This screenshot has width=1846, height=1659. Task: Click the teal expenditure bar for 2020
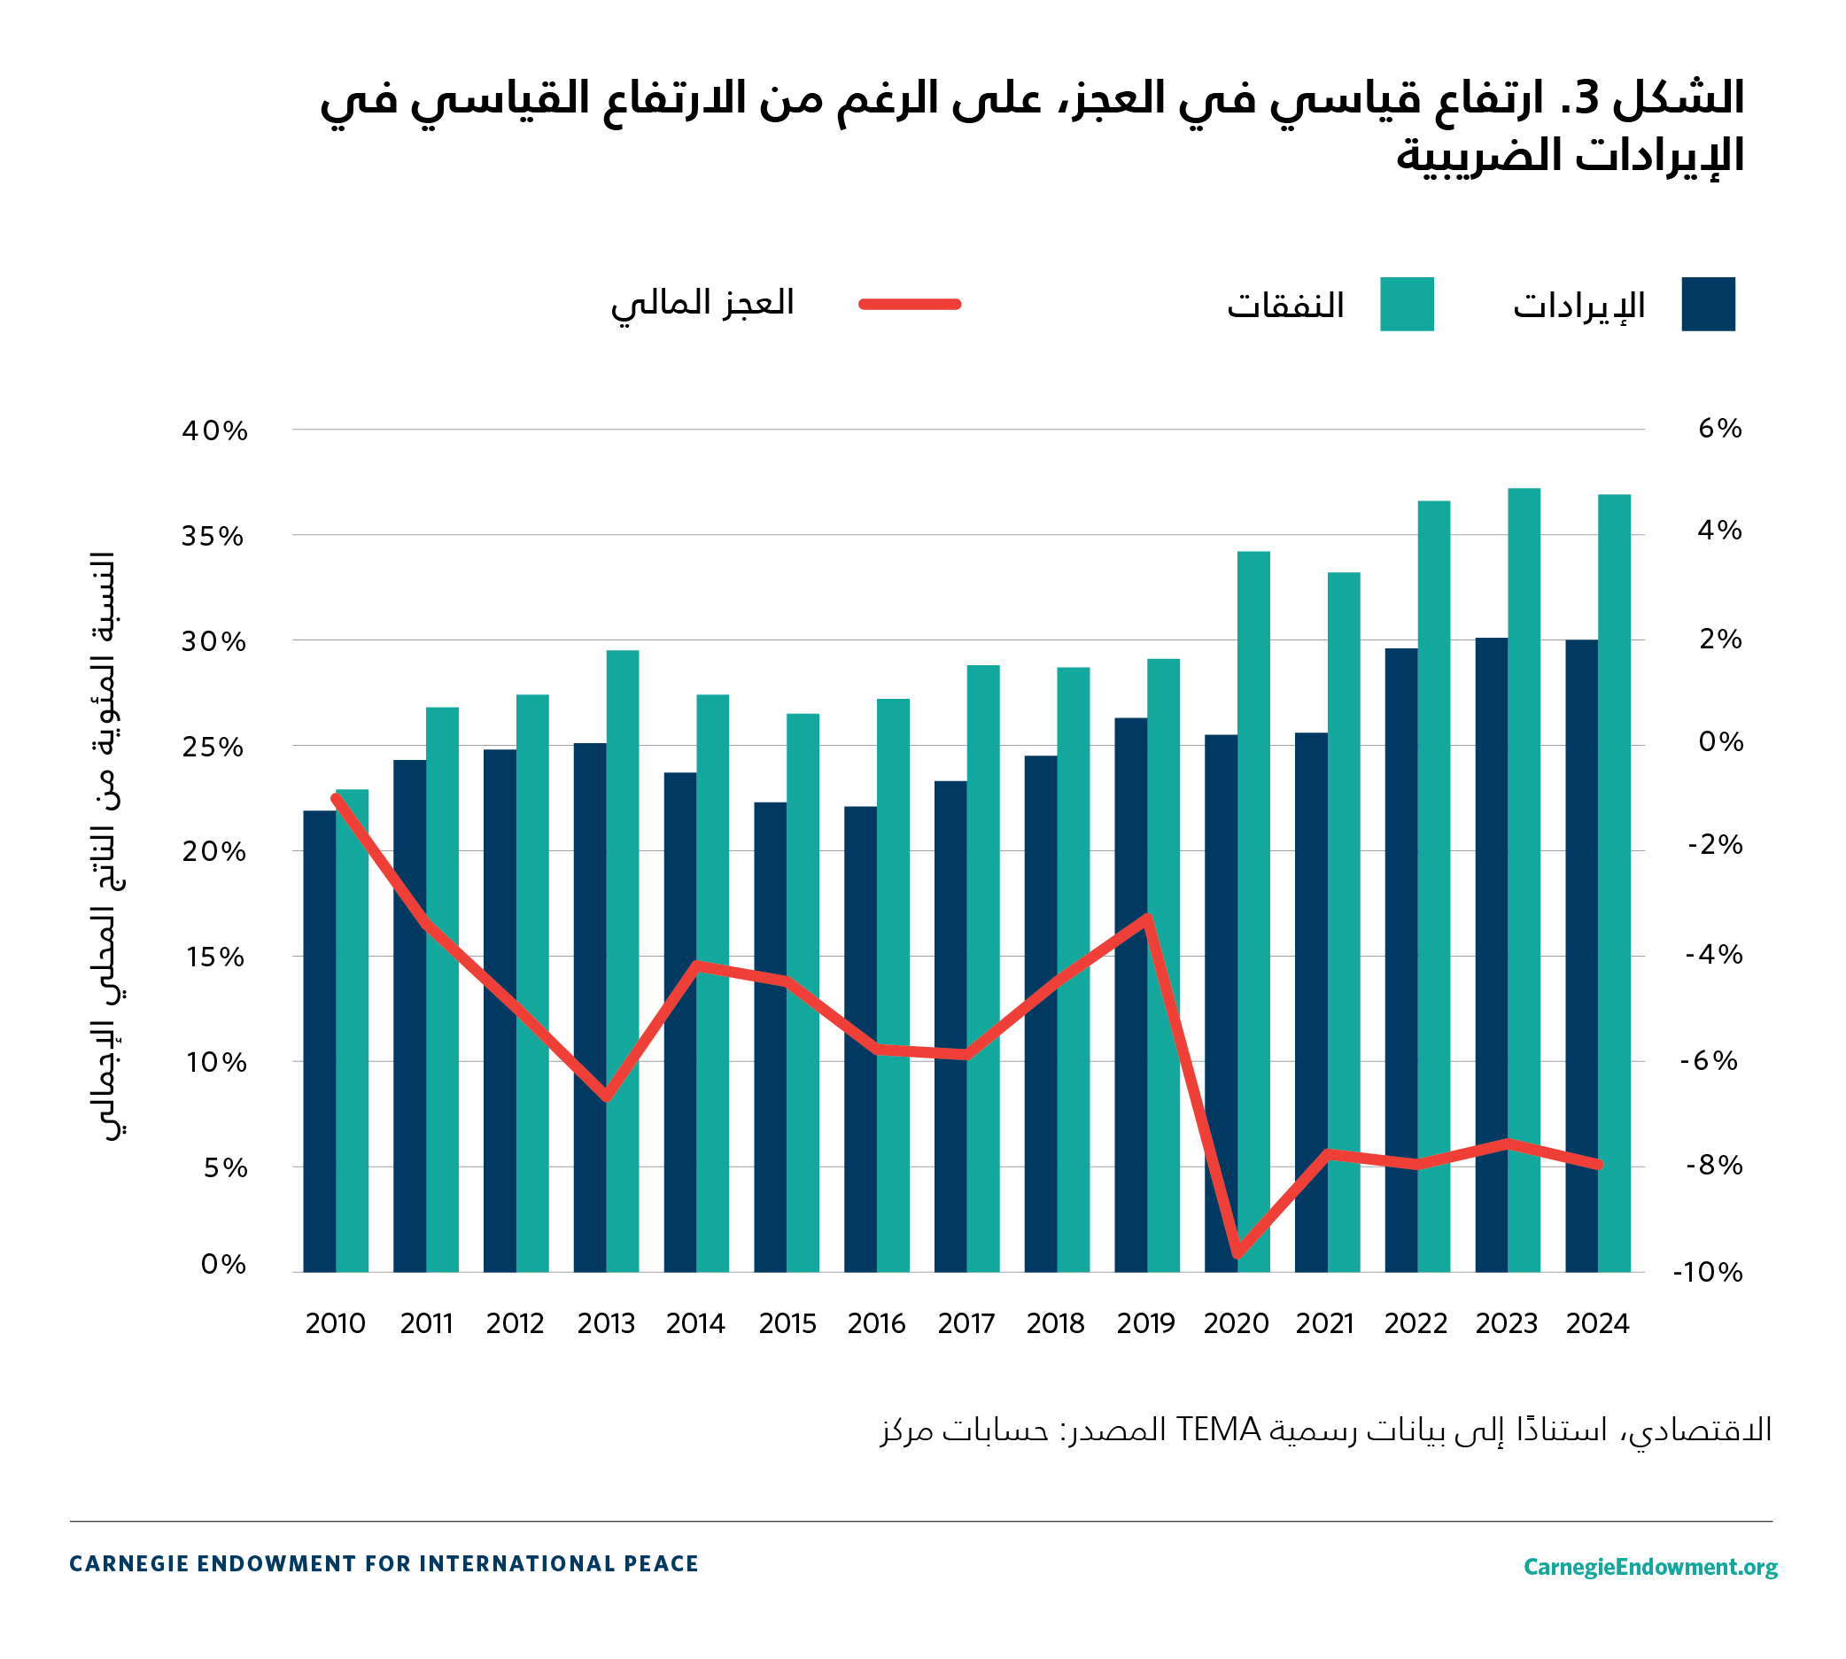click(1253, 911)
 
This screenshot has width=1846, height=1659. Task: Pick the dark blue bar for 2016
click(859, 1039)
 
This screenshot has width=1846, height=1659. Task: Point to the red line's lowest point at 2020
click(1237, 1254)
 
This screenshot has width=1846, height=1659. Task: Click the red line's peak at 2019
click(1148, 918)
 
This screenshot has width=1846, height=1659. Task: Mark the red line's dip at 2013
click(606, 1097)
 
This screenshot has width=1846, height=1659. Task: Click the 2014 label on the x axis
click(694, 1323)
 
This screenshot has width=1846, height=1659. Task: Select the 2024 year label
click(1597, 1323)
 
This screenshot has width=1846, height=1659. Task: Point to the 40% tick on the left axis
click(214, 430)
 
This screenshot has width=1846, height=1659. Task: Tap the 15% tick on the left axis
click(215, 957)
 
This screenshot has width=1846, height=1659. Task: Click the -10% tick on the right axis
click(1708, 1273)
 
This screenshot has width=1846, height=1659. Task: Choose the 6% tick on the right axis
click(1719, 429)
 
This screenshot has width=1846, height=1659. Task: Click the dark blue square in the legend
click(1708, 304)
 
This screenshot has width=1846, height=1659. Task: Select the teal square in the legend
click(1406, 304)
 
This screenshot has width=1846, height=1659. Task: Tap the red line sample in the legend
click(910, 304)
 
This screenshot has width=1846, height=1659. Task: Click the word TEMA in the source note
click(1218, 1430)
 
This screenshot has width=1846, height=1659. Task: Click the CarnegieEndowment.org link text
click(1650, 1566)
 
